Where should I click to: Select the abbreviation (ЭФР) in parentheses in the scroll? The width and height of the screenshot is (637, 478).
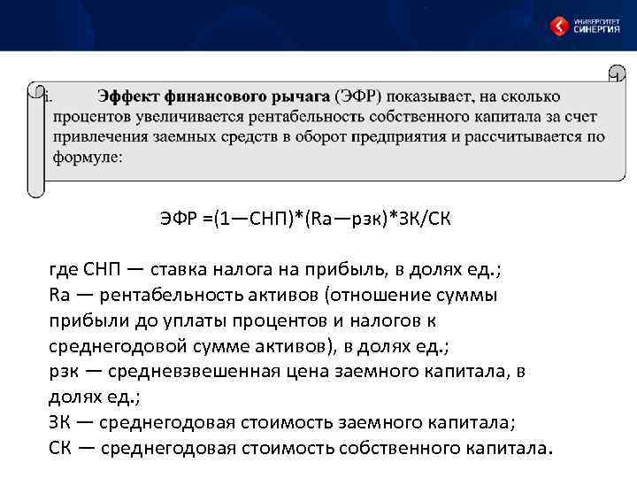pyautogui.click(x=359, y=96)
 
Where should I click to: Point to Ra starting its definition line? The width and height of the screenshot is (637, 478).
pyautogui.click(x=59, y=294)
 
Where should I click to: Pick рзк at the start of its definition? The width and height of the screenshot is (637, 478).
pyautogui.click(x=65, y=371)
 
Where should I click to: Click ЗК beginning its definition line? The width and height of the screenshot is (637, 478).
pyautogui.click(x=60, y=422)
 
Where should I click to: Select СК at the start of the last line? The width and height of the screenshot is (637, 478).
pyautogui.click(x=60, y=448)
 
